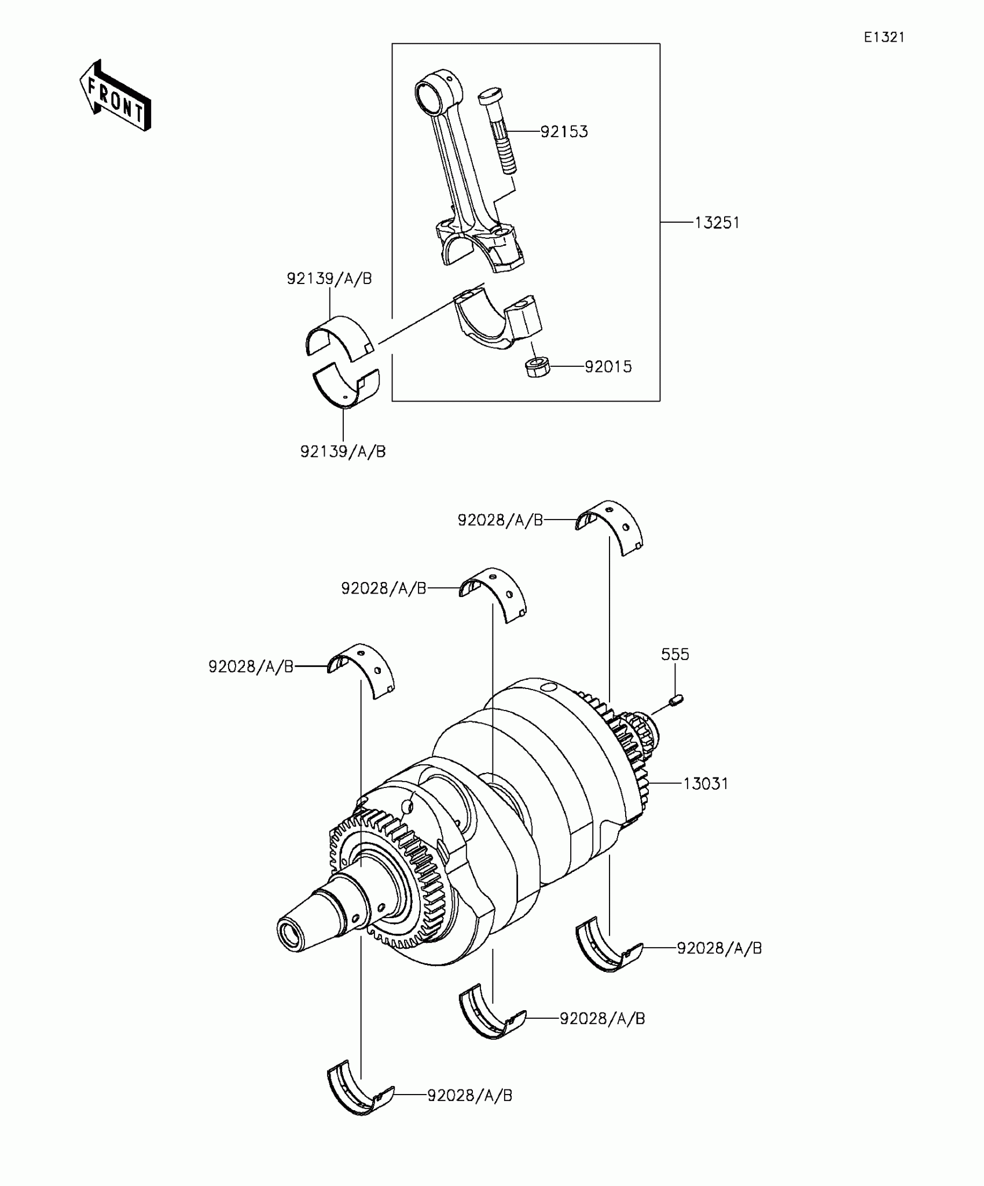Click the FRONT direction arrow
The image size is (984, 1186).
pos(115,95)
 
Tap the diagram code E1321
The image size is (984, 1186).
pos(884,38)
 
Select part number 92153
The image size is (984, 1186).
pos(564,132)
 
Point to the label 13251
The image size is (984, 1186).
pos(717,223)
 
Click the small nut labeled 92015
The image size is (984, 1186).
pos(538,367)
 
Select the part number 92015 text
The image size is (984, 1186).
pos(608,367)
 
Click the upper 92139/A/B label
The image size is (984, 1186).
pos(329,279)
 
